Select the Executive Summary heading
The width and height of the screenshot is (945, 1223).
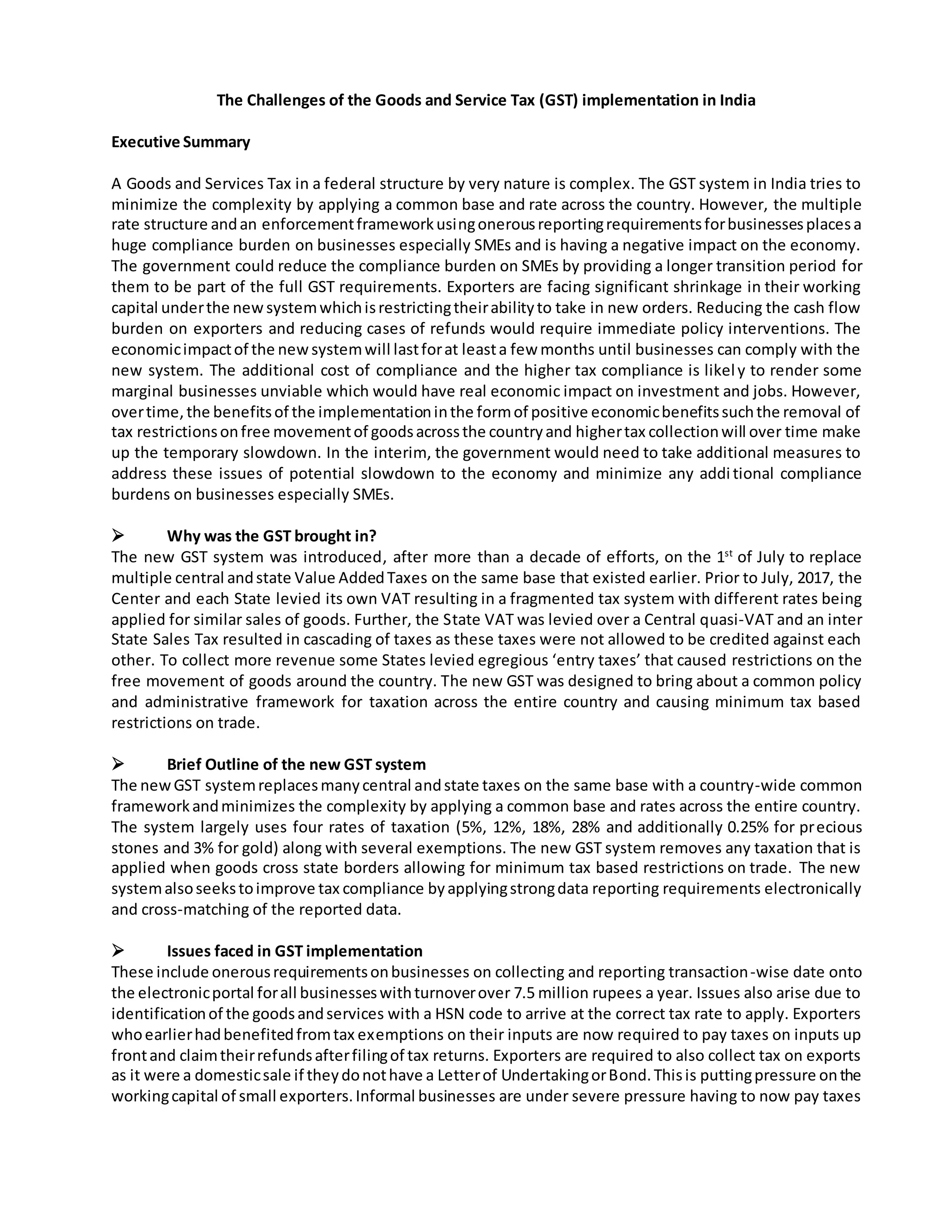pyautogui.click(x=180, y=142)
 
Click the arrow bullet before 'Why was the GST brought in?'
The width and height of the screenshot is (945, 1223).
pyautogui.click(x=118, y=536)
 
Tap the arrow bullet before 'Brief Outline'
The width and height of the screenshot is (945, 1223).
pyautogui.click(x=118, y=764)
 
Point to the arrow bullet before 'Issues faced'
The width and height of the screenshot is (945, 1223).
pyautogui.click(x=118, y=951)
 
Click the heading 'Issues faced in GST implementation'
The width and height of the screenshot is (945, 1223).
pyautogui.click(x=294, y=952)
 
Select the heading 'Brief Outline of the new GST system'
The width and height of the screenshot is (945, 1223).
pyautogui.click(x=296, y=764)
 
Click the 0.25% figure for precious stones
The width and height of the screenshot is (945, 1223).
pyautogui.click(x=747, y=827)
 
